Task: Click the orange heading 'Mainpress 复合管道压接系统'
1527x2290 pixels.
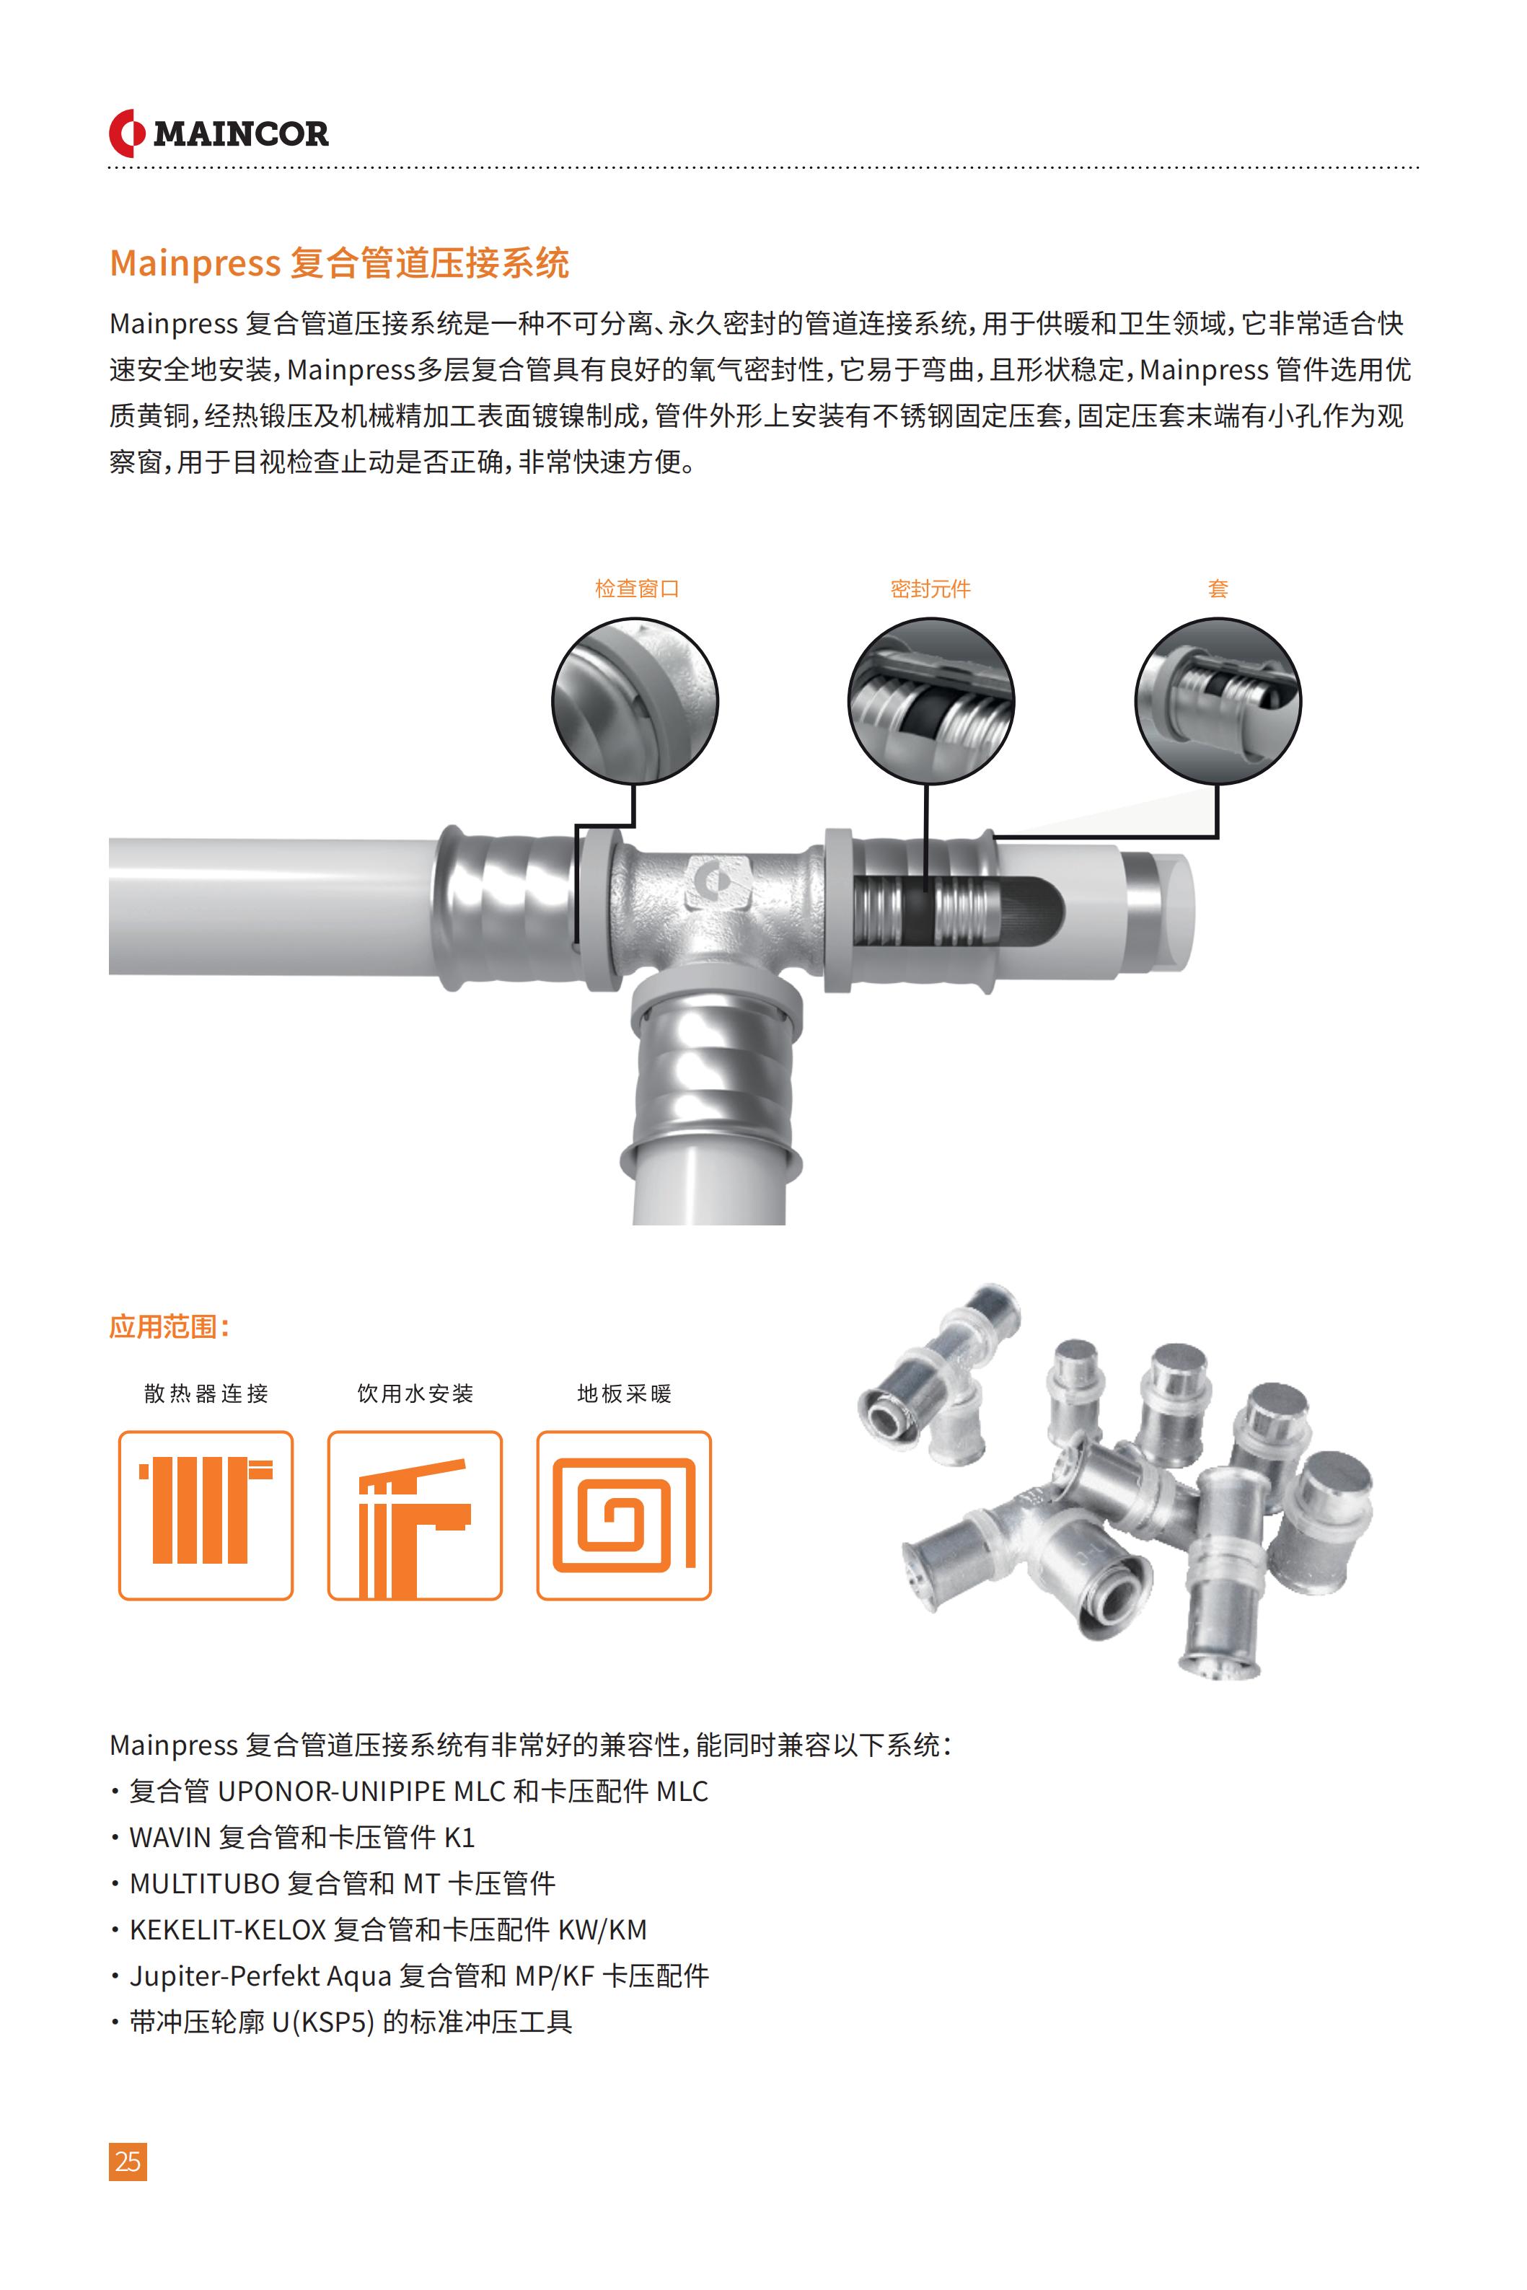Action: (339, 263)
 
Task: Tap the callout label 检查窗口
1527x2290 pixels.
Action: (637, 588)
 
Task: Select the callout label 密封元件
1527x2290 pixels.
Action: (930, 588)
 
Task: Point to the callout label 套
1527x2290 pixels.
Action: (1218, 588)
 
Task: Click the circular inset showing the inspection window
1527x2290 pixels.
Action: (635, 700)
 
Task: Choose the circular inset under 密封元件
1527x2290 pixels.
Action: (931, 700)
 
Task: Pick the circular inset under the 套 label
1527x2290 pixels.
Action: (1218, 700)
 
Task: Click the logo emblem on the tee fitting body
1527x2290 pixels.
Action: (715, 881)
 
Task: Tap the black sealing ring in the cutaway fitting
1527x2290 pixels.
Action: (917, 912)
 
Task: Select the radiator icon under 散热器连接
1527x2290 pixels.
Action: (206, 1515)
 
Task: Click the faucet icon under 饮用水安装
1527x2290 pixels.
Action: (415, 1515)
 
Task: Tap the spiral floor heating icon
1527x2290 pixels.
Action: (624, 1515)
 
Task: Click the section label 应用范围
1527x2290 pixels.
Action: (170, 1327)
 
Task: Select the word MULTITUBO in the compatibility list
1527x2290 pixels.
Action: (205, 1884)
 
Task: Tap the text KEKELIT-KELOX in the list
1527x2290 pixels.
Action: (228, 1930)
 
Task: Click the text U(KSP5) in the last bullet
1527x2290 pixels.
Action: (323, 2022)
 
